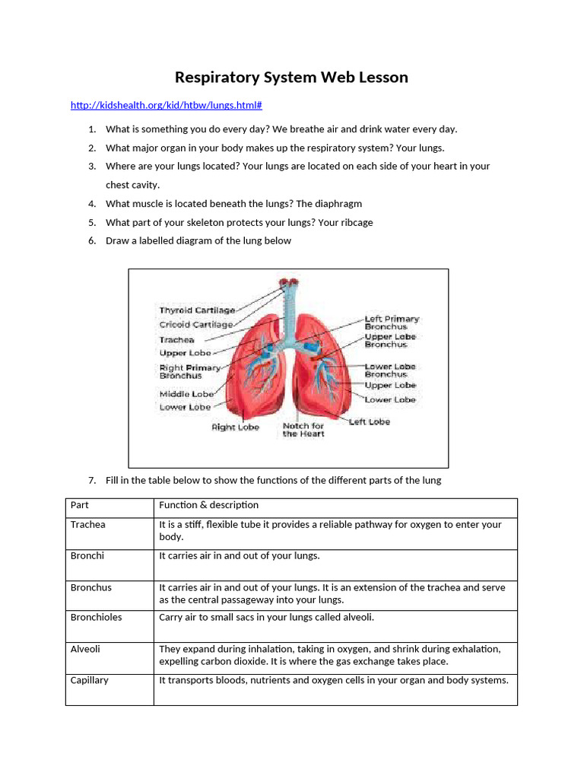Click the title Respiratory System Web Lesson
[291, 78]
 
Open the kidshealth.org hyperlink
[166, 106]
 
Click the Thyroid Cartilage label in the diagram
[197, 310]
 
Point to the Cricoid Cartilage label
[196, 325]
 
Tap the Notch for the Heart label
[303, 430]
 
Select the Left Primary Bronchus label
[392, 323]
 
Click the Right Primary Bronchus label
[189, 371]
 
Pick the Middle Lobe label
[186, 394]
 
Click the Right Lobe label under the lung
[235, 428]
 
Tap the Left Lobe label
[370, 421]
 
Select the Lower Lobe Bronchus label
[390, 370]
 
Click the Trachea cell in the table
[88, 525]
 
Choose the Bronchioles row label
[96, 617]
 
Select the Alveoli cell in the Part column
[85, 649]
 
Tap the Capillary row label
[90, 680]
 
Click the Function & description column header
[208, 505]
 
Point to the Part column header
[79, 505]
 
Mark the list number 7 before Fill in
[91, 481]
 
